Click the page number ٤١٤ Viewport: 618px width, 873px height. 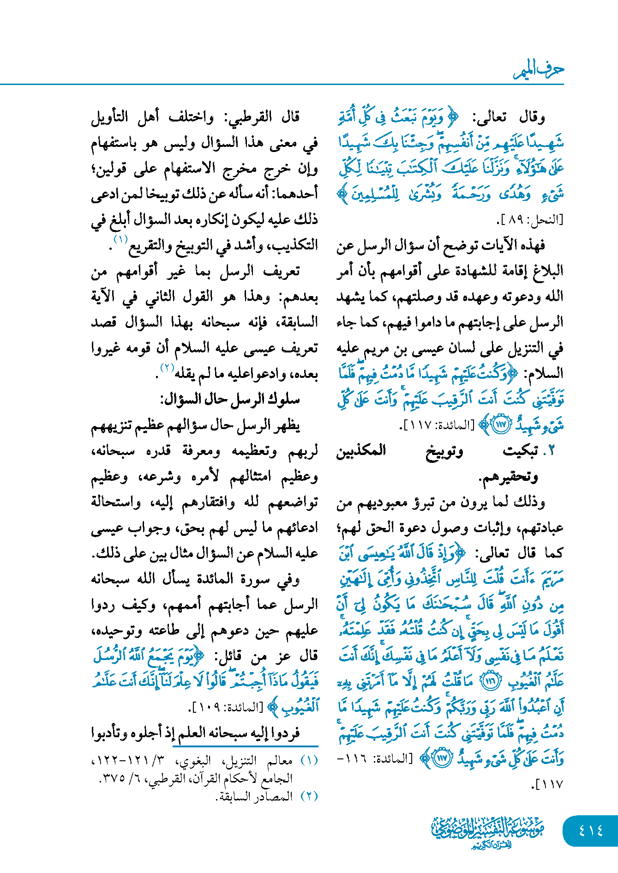click(591, 830)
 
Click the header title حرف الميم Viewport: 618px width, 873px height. click(539, 70)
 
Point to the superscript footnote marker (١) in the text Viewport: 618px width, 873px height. click(120, 239)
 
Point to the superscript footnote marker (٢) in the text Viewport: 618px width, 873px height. click(166, 368)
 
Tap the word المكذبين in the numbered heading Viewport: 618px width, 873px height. click(361, 451)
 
